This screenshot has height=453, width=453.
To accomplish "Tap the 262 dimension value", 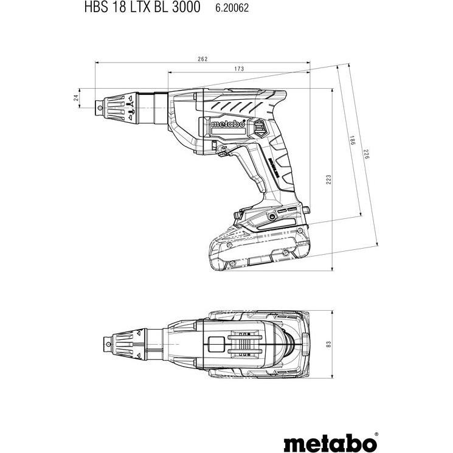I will pyautogui.click(x=202, y=59).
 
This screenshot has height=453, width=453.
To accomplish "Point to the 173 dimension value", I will pyautogui.click(x=238, y=69).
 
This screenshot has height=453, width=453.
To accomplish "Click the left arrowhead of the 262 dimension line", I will pyautogui.click(x=97, y=63).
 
